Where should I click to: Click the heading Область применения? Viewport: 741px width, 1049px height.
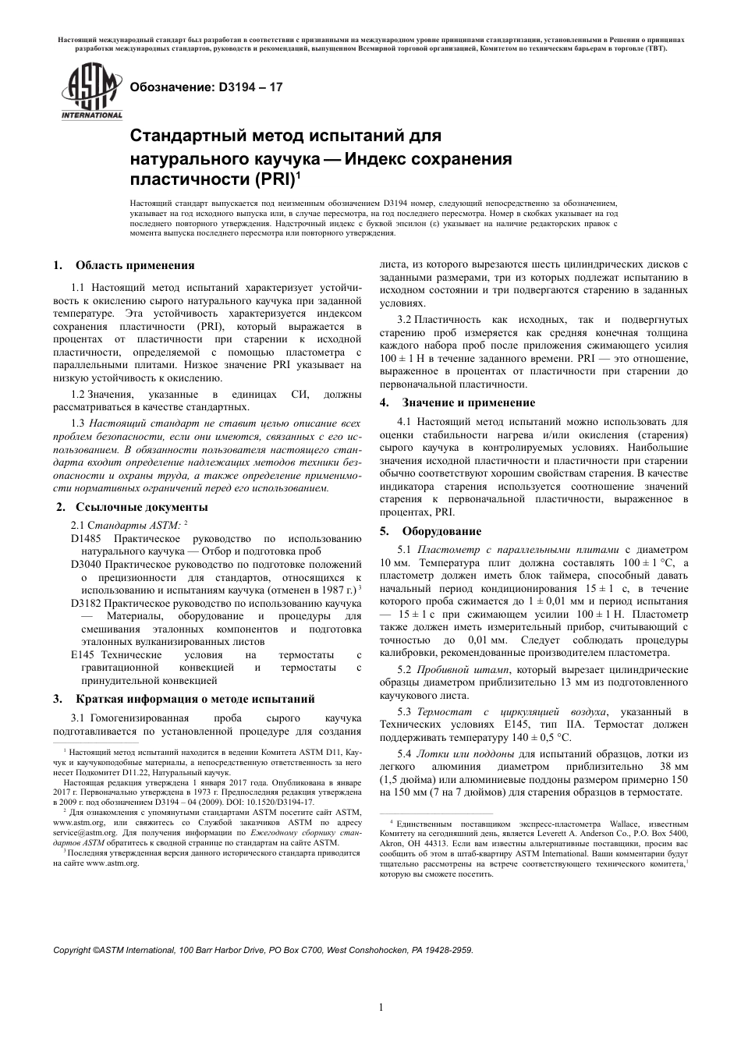click(135, 265)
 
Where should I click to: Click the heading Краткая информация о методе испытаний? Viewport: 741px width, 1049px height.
click(195, 698)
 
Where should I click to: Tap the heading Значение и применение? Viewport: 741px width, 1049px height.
click(468, 402)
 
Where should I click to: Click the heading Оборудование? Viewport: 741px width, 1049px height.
click(441, 531)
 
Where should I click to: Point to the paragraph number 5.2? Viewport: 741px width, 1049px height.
click(404, 669)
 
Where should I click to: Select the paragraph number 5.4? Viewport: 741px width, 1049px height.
click(404, 753)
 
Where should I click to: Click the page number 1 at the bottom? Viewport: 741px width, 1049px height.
click(381, 1007)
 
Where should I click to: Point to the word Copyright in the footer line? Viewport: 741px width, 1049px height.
click(72, 951)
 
